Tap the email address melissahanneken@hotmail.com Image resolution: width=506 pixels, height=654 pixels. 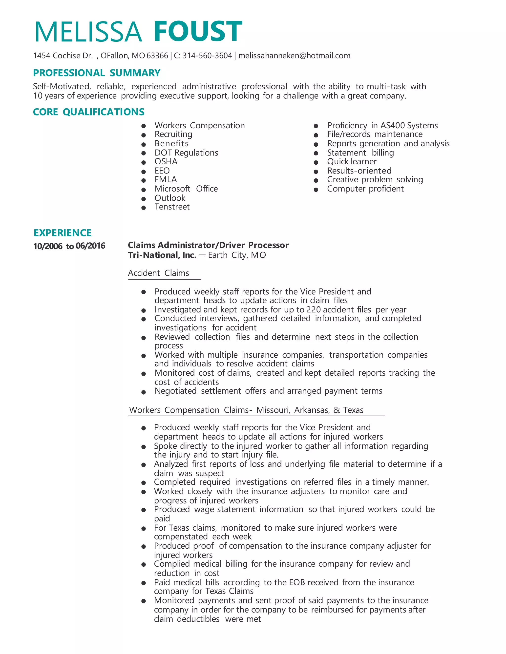click(x=294, y=56)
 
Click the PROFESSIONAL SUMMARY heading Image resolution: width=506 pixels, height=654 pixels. click(x=97, y=73)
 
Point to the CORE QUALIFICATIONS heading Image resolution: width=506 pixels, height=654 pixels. click(x=89, y=112)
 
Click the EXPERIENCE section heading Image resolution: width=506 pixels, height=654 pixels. click(x=62, y=233)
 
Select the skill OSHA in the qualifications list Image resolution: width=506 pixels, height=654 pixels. click(x=166, y=161)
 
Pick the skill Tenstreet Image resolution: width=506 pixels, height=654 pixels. click(x=172, y=207)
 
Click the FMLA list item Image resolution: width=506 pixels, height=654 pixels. click(x=166, y=179)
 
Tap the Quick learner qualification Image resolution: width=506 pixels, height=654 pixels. click(x=352, y=161)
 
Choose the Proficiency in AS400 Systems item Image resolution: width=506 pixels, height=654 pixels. click(x=382, y=125)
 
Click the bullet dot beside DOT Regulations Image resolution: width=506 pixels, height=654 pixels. click(x=144, y=153)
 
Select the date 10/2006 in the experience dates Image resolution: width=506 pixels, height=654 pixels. click(x=48, y=246)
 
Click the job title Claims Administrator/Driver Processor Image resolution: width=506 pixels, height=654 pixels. click(x=208, y=245)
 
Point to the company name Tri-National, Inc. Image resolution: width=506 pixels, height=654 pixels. click(x=162, y=255)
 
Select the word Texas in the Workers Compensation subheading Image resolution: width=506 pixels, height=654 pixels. click(x=353, y=410)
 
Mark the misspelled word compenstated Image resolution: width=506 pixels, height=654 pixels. click(x=181, y=536)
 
